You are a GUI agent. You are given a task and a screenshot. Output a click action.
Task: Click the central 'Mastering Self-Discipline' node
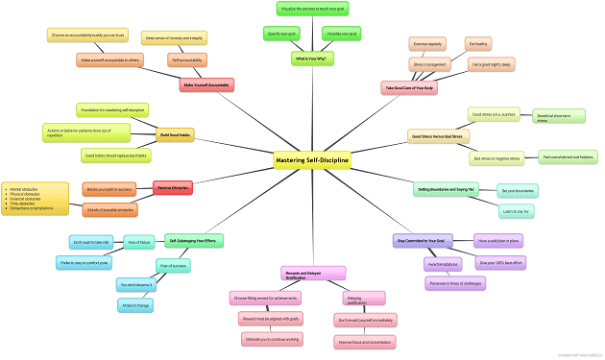[312, 159]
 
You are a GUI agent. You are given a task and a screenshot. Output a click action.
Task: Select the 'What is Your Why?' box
[312, 60]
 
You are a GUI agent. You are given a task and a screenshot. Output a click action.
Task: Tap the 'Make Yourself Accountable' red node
[206, 84]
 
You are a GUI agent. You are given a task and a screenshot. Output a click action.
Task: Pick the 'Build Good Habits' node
[176, 135]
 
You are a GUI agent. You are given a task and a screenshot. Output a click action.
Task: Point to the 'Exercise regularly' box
[428, 44]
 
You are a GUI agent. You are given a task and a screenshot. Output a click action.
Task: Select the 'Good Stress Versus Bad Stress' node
[438, 136]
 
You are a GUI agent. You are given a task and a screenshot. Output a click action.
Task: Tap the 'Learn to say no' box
[517, 209]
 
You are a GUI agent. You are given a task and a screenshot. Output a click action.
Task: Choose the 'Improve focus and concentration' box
[361, 342]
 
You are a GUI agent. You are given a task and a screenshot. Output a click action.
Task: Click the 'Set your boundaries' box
[519, 190]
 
